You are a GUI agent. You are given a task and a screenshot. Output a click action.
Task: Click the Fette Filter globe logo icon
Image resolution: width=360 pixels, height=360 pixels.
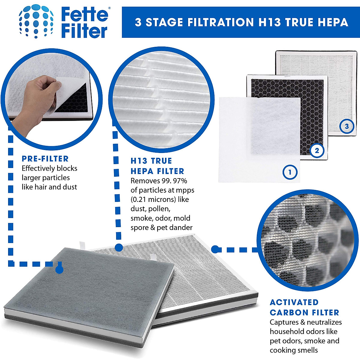(x=36, y=21)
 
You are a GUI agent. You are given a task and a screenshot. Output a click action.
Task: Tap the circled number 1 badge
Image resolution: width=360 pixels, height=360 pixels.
(x=290, y=172)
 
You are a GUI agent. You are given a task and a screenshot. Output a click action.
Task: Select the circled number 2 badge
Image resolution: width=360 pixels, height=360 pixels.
(x=317, y=150)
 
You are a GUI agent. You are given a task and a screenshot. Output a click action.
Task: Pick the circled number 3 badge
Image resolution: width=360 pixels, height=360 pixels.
(x=347, y=126)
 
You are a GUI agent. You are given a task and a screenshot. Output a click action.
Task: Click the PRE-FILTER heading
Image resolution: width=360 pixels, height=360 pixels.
(x=45, y=159)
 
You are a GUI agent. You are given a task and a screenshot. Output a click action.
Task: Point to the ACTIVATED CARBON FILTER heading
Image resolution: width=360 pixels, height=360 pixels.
(x=304, y=307)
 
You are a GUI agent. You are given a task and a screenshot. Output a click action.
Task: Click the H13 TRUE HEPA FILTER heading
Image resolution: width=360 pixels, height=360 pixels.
(x=157, y=166)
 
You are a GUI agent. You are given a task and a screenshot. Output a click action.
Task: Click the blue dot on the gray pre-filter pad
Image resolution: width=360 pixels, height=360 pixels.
(x=59, y=270)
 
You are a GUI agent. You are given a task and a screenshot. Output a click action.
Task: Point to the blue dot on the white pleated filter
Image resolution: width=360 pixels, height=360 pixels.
(x=119, y=248)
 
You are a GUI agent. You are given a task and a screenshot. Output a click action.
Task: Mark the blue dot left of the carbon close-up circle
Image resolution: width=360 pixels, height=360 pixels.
(x=215, y=249)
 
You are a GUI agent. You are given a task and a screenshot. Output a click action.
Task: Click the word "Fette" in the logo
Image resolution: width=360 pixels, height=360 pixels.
(x=84, y=15)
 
